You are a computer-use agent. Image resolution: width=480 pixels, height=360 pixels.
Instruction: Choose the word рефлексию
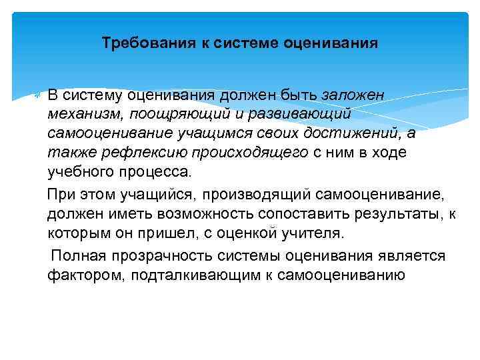(135, 153)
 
